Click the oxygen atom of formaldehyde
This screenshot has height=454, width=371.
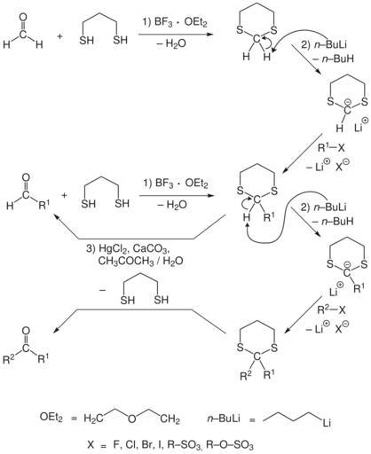[22, 16]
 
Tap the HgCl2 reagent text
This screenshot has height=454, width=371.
[113, 248]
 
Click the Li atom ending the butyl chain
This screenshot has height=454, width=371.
[327, 423]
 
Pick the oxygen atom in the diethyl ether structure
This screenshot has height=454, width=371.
[132, 419]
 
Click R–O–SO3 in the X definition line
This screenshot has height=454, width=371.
[230, 444]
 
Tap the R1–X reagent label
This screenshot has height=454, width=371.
[331, 147]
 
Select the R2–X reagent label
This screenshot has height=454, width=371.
[331, 309]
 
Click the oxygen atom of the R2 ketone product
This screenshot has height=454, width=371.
[26, 331]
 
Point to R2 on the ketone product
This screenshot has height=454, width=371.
[9, 358]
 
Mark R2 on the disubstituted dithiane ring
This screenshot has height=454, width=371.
[246, 376]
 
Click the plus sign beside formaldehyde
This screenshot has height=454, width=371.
[60, 36]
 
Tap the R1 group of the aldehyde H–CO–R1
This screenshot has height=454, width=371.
[45, 205]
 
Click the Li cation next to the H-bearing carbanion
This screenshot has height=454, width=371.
[361, 125]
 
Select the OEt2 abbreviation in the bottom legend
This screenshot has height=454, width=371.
[51, 418]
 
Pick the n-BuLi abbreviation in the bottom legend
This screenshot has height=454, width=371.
[224, 419]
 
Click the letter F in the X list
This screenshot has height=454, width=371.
[115, 444]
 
